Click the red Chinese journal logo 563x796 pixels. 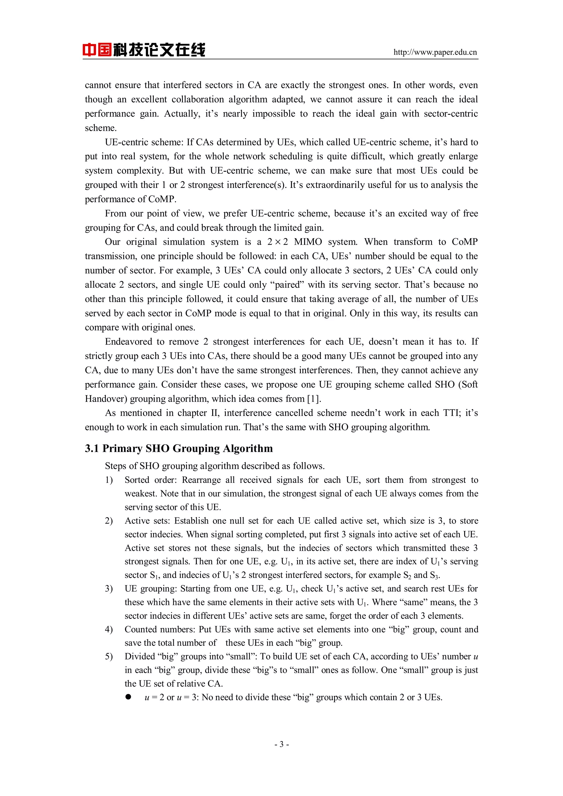tap(143, 49)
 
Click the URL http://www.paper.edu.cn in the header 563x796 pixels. tap(435, 52)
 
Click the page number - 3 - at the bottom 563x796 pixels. tap(281, 744)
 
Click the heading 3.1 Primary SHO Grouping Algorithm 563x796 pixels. tap(179, 448)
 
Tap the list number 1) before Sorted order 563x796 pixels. tap(109, 480)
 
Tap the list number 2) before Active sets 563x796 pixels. tap(109, 521)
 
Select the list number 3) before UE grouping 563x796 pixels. tap(109, 588)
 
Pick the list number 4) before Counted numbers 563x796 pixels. tap(109, 629)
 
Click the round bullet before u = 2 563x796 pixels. tap(128, 697)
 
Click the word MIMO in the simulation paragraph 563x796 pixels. tap(308, 242)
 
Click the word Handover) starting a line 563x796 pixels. tap(106, 399)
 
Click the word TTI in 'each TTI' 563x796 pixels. tap(452, 413)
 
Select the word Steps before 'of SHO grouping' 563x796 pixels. tap(116, 466)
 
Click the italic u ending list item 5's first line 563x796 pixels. tap(476, 657)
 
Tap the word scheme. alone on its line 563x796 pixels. tap(101, 128)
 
